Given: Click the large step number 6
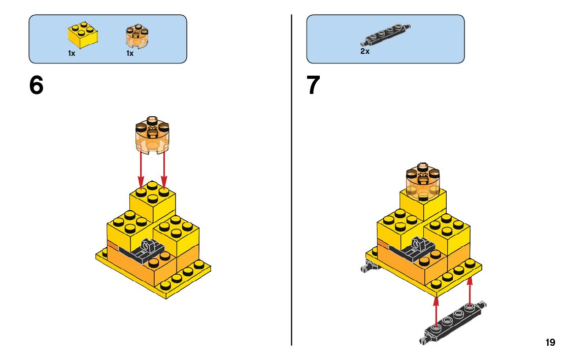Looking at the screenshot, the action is tap(37, 85).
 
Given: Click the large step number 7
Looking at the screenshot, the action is tap(314, 85).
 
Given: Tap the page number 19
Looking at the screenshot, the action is tap(550, 343).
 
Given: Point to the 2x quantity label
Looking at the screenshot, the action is tap(365, 52).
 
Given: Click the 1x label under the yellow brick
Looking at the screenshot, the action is tap(72, 53).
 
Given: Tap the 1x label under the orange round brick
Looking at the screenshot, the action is tap(130, 53).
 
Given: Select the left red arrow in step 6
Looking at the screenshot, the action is tap(141, 170).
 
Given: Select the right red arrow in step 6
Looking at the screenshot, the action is tap(164, 170).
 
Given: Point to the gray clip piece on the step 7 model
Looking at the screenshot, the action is tap(419, 246).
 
